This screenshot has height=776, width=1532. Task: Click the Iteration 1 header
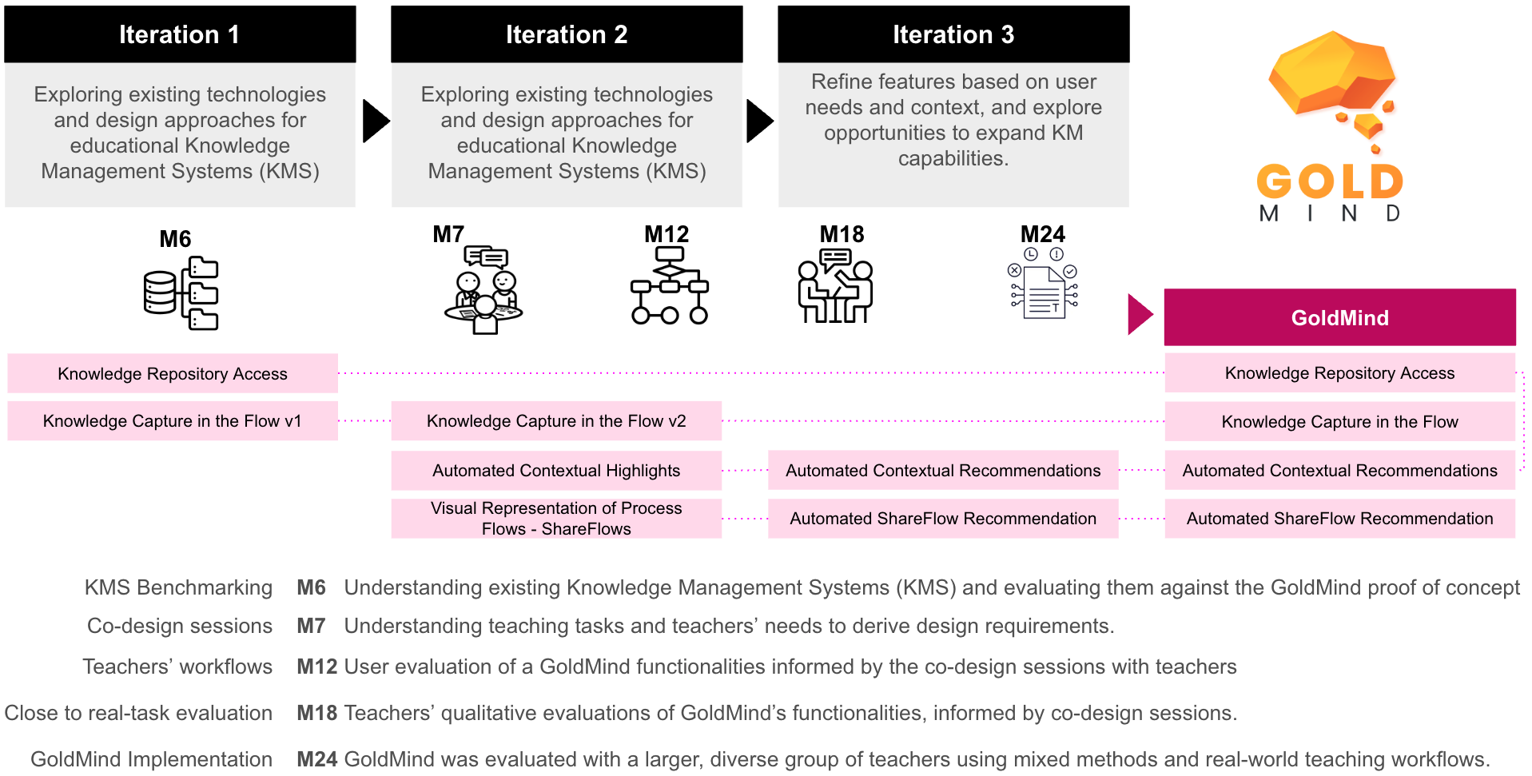[180, 34]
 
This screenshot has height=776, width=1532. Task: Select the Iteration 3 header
[953, 34]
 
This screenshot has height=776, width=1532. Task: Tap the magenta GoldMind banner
[1339, 317]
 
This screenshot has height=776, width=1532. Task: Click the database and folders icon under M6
[181, 293]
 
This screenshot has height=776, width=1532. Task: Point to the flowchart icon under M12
[669, 285]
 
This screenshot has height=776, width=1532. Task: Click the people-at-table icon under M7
[483, 290]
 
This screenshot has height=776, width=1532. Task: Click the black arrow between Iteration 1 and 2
[375, 121]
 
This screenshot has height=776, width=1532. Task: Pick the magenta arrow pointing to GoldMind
[1140, 314]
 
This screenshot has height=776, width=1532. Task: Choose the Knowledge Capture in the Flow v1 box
[173, 421]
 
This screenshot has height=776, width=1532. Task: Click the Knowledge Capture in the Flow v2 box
[556, 421]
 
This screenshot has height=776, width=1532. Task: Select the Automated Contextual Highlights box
[556, 471]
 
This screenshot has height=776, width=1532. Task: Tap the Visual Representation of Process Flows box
[556, 519]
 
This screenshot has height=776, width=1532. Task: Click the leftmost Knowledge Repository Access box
[173, 373]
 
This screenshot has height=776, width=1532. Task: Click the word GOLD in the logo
[1330, 181]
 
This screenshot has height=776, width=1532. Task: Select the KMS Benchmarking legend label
[178, 587]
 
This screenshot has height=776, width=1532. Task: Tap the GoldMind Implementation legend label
[151, 759]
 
